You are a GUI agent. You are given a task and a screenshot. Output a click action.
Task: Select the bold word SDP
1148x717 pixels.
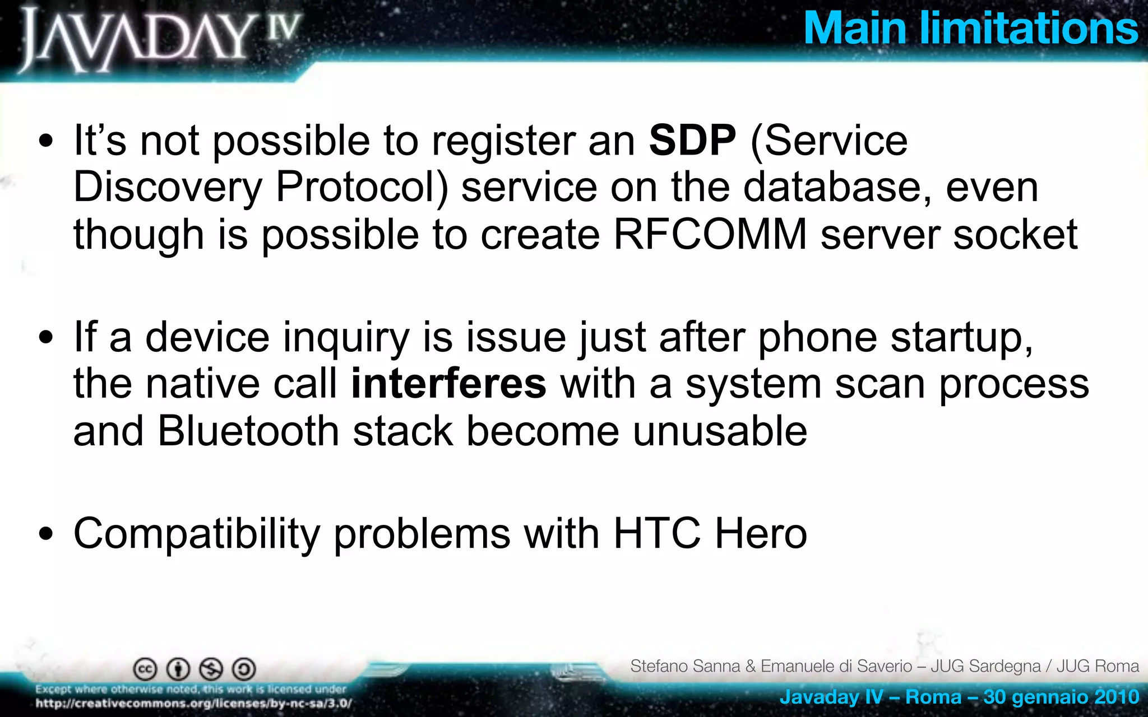click(x=692, y=140)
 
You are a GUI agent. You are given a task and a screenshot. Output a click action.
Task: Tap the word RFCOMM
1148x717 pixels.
click(x=710, y=234)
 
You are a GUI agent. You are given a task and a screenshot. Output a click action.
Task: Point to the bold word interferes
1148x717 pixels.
click(x=448, y=384)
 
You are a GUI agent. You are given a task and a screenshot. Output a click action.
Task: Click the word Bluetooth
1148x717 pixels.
click(x=248, y=431)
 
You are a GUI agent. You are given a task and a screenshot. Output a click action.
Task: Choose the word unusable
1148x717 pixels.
click(x=720, y=431)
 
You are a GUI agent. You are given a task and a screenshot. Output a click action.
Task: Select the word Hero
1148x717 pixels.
click(x=761, y=533)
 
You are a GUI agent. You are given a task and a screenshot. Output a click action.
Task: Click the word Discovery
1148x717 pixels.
click(x=168, y=188)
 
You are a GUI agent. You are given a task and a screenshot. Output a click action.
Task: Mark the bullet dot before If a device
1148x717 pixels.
click(x=47, y=338)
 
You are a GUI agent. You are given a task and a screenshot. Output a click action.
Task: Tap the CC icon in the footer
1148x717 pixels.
click(x=145, y=669)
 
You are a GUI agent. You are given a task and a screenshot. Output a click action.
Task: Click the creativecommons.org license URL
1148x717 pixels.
click(x=193, y=704)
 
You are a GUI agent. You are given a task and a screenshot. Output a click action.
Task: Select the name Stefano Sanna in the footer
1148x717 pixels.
click(x=685, y=666)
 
